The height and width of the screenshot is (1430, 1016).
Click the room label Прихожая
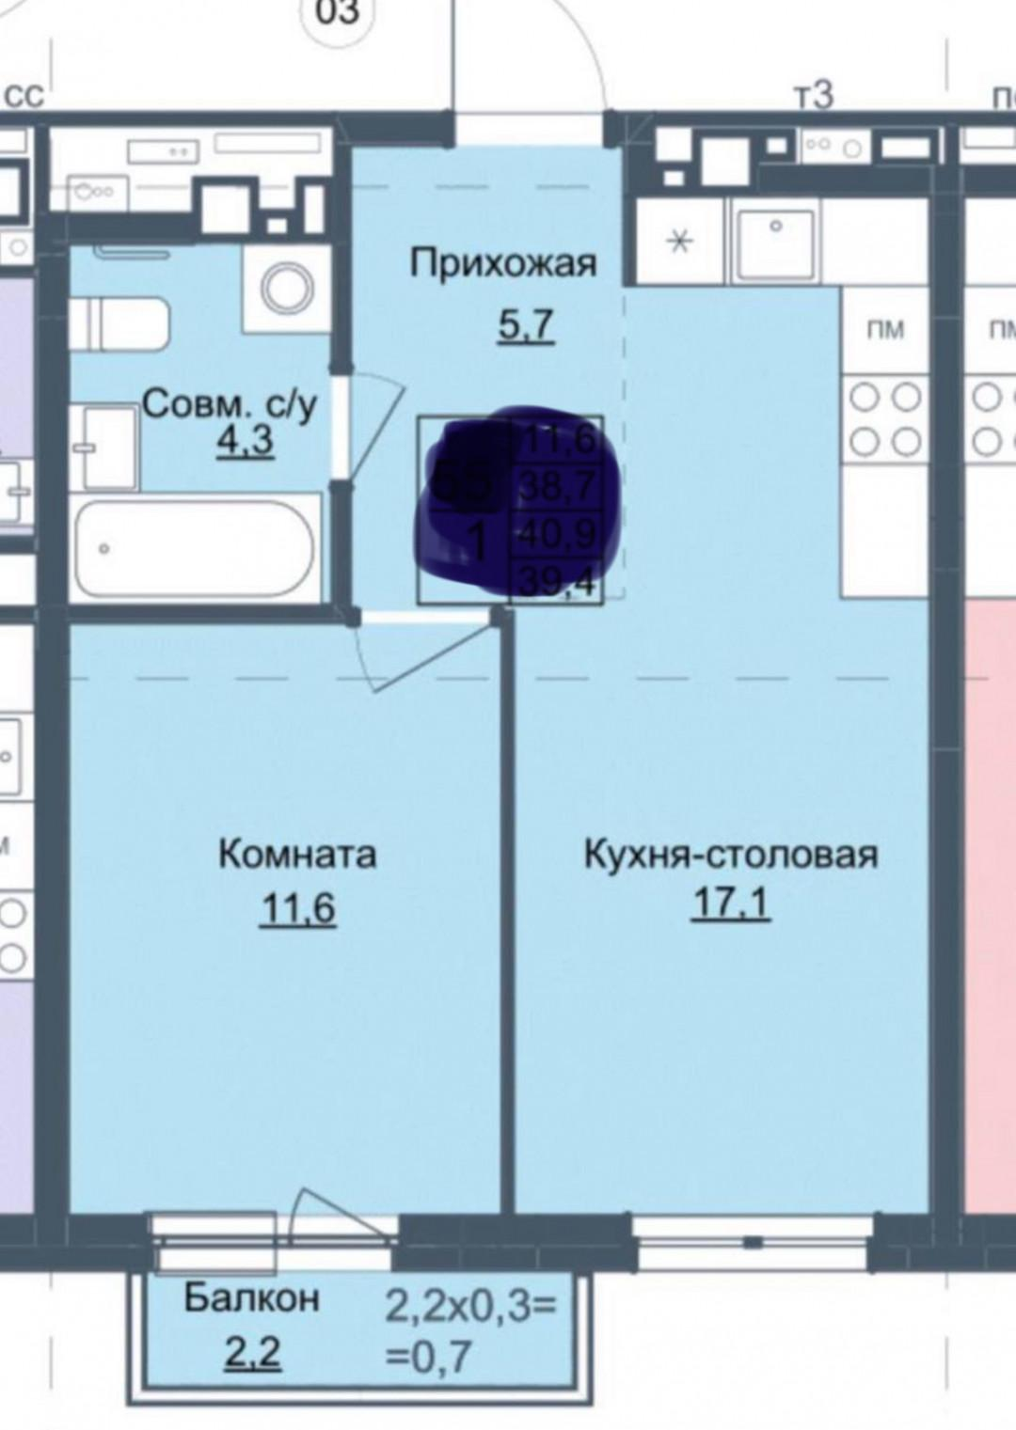(x=503, y=264)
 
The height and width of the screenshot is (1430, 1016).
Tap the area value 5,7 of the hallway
(x=525, y=325)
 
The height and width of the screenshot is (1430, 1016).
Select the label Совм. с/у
(x=230, y=405)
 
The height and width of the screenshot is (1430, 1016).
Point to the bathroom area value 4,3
(x=245, y=441)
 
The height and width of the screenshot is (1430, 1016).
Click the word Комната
(x=297, y=855)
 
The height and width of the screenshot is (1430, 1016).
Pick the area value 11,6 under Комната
(x=298, y=909)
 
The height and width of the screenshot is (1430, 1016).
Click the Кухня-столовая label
(x=731, y=855)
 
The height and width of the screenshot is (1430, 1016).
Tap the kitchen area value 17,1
(x=731, y=904)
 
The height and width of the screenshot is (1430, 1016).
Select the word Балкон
(x=251, y=1297)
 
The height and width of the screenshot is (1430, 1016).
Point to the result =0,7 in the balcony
(x=429, y=1358)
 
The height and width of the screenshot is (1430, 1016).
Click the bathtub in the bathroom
(x=197, y=549)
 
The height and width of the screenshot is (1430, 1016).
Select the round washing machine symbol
(x=287, y=288)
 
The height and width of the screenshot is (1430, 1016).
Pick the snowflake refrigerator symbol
(x=679, y=242)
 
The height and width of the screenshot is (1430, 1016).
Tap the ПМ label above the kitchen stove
(x=884, y=330)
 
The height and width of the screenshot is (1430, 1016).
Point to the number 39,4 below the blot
(x=559, y=585)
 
